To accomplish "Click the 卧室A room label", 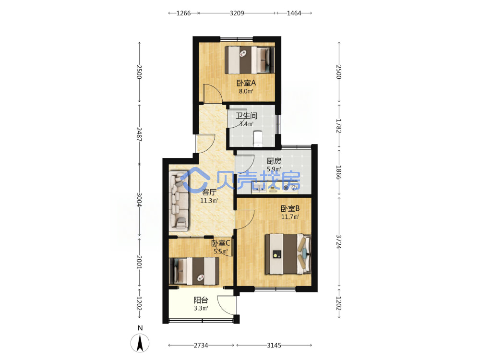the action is (x=246, y=83).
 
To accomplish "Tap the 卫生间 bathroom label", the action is (x=246, y=116).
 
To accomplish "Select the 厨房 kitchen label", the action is (x=274, y=161).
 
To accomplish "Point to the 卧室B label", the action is (x=290, y=208).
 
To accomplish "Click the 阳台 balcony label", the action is (x=201, y=300).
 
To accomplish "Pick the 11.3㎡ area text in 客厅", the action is (x=209, y=201).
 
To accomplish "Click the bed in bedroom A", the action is (x=250, y=60).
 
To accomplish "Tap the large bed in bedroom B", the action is (x=288, y=254).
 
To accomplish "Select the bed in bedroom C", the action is (x=194, y=271).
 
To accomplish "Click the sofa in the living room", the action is (x=179, y=201).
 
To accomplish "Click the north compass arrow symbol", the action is (x=140, y=343).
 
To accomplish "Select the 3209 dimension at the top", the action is (x=237, y=13).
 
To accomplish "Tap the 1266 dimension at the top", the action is (x=184, y=13).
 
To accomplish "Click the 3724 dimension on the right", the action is (x=338, y=242).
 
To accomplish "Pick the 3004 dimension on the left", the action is (x=139, y=200).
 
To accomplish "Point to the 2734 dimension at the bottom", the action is (x=201, y=345).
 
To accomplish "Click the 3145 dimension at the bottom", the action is (x=274, y=345).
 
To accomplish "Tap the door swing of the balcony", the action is (x=227, y=305).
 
